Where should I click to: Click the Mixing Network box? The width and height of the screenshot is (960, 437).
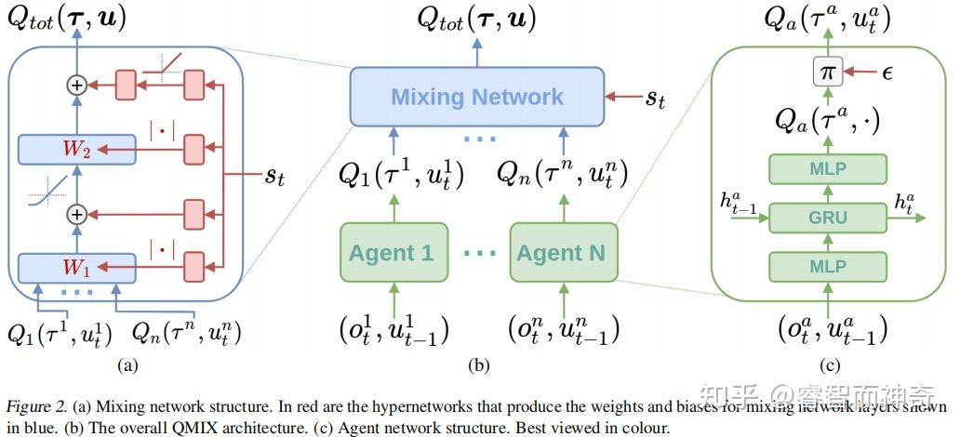coord(476,97)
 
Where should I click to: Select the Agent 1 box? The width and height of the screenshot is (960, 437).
coord(391,252)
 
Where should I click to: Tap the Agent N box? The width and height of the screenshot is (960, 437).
coord(562,252)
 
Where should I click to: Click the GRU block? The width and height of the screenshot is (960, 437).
coord(827,218)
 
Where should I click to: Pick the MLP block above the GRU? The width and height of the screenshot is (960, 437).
coord(827,170)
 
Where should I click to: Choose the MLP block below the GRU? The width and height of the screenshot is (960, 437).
coord(827,266)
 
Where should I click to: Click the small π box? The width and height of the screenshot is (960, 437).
coord(827,72)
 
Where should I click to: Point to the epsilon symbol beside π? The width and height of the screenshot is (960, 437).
coord(887,72)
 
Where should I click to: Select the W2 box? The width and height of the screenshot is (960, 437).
coord(76,149)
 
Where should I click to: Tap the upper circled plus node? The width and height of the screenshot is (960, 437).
coord(77,86)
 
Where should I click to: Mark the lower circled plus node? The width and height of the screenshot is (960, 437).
coord(77,214)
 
